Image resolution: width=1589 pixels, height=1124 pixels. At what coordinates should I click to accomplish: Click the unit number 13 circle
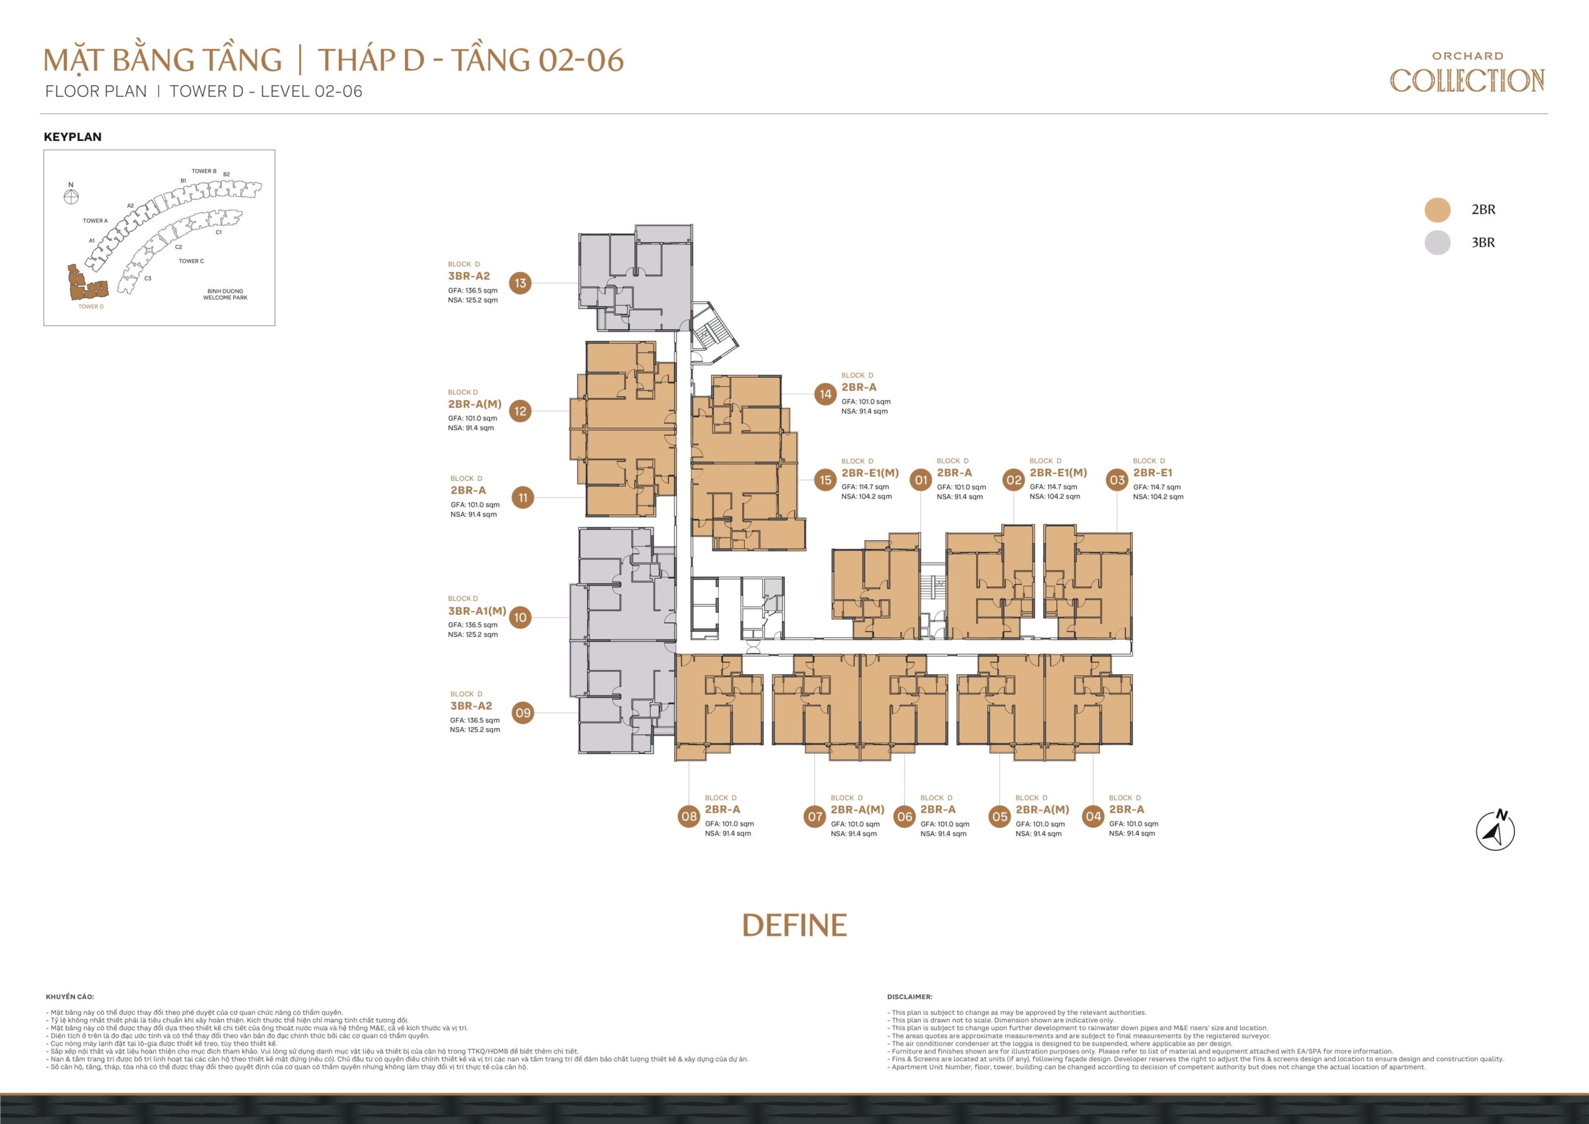(x=520, y=283)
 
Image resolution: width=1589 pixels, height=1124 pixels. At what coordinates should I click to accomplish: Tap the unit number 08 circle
(x=688, y=816)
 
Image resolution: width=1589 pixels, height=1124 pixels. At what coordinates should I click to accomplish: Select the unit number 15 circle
(x=825, y=479)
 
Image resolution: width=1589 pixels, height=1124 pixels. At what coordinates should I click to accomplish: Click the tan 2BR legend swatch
(x=1438, y=210)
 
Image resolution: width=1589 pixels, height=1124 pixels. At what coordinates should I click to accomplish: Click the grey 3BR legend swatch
(x=1438, y=242)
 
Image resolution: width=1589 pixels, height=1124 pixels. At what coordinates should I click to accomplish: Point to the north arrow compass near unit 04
(x=1495, y=830)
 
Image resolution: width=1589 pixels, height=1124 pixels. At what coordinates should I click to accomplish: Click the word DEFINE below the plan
(x=794, y=925)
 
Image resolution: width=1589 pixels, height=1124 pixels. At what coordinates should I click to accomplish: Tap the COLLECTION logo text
(x=1467, y=80)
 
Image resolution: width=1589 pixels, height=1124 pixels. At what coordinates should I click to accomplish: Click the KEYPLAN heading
(x=73, y=137)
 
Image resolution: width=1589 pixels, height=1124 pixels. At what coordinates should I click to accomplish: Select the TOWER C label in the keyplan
(x=191, y=261)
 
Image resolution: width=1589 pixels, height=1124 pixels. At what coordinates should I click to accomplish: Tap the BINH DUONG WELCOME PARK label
(x=225, y=294)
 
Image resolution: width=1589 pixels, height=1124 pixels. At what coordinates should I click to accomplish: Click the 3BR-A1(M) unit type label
(x=477, y=611)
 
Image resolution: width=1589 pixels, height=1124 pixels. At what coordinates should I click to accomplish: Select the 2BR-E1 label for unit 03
(x=1152, y=473)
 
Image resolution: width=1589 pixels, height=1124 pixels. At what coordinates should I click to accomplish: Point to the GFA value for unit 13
(x=473, y=291)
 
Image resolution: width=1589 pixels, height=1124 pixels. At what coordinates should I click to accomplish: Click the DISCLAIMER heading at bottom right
(x=909, y=997)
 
